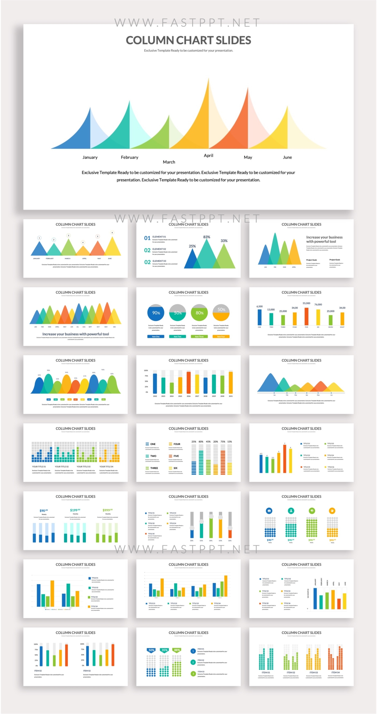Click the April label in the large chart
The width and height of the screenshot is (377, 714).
[x=208, y=155]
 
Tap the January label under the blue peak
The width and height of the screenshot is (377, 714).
[x=90, y=157]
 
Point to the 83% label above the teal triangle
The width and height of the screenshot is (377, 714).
[x=206, y=237]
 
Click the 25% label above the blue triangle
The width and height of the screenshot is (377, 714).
[x=192, y=246]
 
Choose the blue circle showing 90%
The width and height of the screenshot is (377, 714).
[x=156, y=313]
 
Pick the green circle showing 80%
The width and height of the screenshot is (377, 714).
[x=199, y=313]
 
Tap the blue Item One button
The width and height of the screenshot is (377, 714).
[x=156, y=336]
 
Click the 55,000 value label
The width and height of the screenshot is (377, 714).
[x=306, y=303]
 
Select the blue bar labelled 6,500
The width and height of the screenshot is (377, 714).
[x=260, y=317]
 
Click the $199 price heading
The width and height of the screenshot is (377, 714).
[x=75, y=510]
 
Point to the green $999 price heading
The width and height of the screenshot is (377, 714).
[x=107, y=510]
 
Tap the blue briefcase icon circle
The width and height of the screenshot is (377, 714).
[x=269, y=511]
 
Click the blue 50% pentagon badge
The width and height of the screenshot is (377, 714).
[x=151, y=650]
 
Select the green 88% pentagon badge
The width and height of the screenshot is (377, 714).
[x=177, y=650]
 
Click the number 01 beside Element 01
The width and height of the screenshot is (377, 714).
[x=147, y=238]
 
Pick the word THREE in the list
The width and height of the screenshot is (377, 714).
[x=154, y=468]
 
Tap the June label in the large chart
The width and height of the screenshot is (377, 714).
[x=287, y=157]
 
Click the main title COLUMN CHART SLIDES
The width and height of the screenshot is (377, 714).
[x=188, y=40]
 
